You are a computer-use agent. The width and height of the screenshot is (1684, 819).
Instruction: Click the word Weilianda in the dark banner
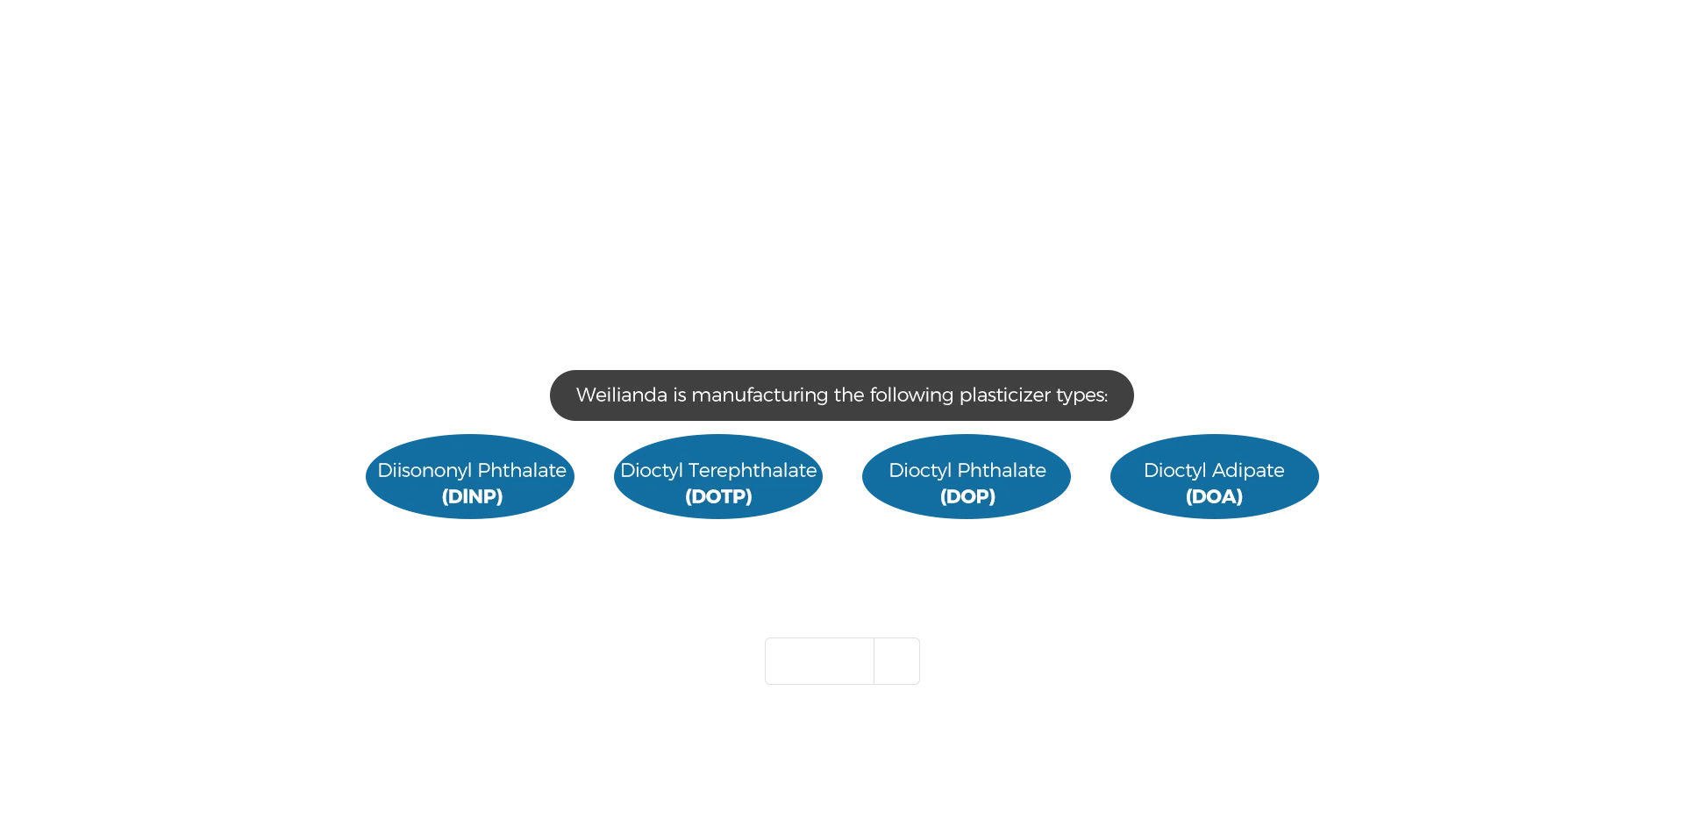coord(622,395)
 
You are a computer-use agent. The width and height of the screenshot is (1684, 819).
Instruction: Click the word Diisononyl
coord(425,471)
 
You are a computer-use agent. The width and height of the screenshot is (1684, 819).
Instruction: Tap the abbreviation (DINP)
coord(472,496)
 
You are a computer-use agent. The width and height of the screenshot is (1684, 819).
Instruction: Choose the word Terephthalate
coord(753,471)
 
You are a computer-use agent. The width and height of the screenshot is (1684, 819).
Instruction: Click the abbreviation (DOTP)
coord(718,496)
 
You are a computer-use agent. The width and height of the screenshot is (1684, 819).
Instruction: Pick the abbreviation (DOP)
coord(967,496)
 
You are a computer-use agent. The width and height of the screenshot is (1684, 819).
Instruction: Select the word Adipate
coord(1248,471)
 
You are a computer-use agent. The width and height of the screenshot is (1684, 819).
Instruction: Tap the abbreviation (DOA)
coord(1214,496)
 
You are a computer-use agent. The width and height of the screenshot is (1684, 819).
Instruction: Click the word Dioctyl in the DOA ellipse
coord(1175,471)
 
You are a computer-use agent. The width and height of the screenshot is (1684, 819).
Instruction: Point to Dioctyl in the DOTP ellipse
coord(652,471)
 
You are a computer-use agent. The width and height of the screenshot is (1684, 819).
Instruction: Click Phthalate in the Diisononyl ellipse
coord(522,470)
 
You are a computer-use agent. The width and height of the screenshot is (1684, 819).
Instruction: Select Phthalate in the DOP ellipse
coord(1002,470)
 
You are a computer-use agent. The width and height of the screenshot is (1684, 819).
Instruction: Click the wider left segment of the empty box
coord(819,661)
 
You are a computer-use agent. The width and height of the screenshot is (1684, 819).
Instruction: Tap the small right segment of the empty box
coord(896,661)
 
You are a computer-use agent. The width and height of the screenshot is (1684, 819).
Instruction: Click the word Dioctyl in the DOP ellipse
coord(920,471)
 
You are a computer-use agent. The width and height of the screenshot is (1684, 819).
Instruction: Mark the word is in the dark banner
coord(680,395)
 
